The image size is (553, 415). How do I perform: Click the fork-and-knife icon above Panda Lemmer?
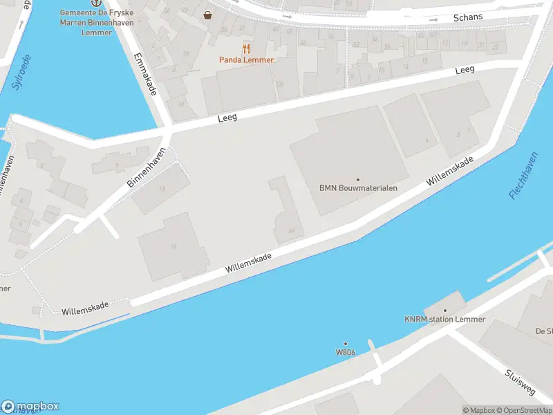click(246, 48)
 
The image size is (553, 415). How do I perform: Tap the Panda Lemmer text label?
click(247, 60)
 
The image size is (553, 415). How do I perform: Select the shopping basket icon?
click(207, 15)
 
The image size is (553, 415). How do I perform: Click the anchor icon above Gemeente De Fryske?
click(86, 3)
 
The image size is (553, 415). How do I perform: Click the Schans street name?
click(467, 17)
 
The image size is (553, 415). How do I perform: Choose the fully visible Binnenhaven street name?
click(146, 168)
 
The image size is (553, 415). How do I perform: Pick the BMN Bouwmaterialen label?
click(357, 187)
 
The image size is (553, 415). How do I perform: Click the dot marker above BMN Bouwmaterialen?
click(357, 179)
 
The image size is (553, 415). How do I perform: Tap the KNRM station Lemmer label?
click(445, 320)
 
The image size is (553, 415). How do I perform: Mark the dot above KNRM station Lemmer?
click(445, 311)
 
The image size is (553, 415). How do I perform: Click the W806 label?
click(346, 351)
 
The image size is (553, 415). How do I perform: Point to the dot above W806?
click(346, 343)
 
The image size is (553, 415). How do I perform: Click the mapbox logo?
click(30, 407)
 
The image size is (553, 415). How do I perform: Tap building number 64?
click(291, 230)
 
